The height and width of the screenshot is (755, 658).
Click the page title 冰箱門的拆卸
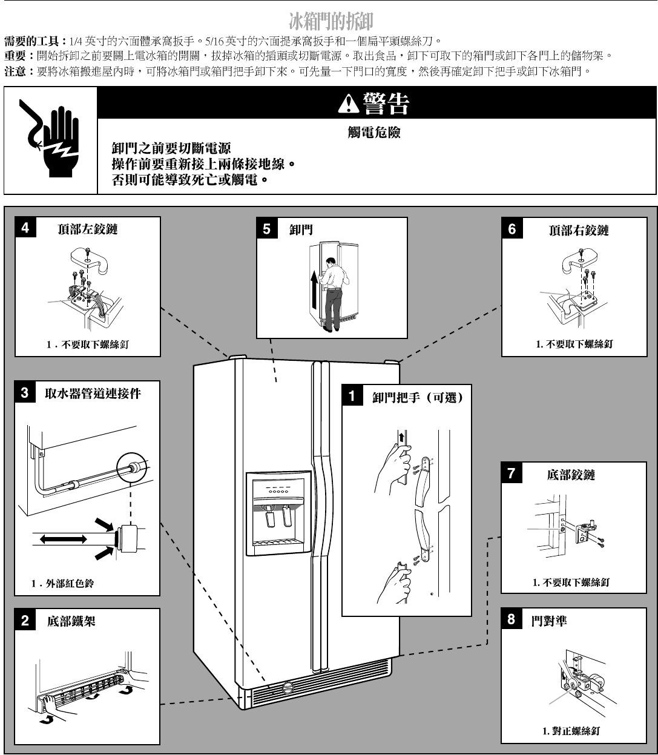click(x=331, y=21)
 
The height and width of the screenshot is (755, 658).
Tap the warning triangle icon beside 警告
click(x=348, y=104)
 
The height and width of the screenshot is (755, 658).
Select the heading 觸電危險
click(x=374, y=133)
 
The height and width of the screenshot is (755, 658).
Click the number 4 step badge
click(x=25, y=227)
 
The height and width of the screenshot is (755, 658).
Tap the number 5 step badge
click(x=267, y=229)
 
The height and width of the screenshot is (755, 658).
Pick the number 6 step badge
click(x=512, y=229)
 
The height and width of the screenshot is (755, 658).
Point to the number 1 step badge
click(x=352, y=396)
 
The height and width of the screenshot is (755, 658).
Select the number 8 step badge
click(x=511, y=619)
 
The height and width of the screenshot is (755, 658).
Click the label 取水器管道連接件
click(x=93, y=394)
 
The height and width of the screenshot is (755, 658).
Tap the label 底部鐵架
click(x=71, y=621)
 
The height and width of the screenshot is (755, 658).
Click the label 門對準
click(x=549, y=621)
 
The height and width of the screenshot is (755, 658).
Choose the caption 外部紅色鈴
click(x=63, y=584)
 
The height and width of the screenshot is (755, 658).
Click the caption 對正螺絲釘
click(x=571, y=731)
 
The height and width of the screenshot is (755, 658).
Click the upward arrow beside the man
click(x=314, y=289)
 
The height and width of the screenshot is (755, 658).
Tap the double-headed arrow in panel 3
click(x=63, y=539)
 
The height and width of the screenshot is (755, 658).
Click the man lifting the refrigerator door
click(x=333, y=294)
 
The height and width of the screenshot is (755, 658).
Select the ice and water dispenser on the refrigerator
click(x=279, y=513)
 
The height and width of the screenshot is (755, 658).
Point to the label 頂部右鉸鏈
click(x=579, y=231)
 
